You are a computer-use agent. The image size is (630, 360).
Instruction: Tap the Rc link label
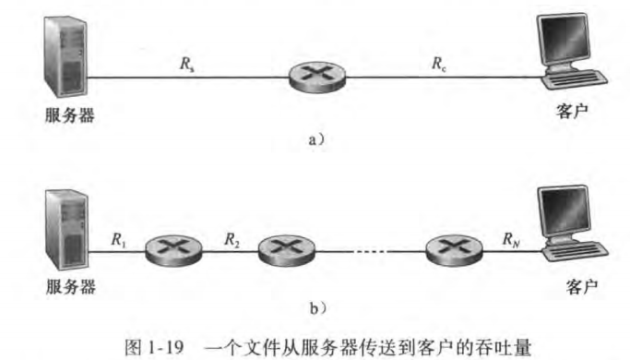[438, 64]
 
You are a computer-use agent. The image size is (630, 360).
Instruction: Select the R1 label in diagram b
[118, 239]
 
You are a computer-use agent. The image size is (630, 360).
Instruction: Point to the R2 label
[232, 239]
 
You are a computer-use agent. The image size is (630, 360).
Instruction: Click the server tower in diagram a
[64, 55]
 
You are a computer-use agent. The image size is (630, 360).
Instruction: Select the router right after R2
[283, 249]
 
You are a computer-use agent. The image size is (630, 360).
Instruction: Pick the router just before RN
[452, 249]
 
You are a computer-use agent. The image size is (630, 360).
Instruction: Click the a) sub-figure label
[315, 138]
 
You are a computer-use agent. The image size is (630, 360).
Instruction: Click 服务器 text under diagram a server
[70, 116]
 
